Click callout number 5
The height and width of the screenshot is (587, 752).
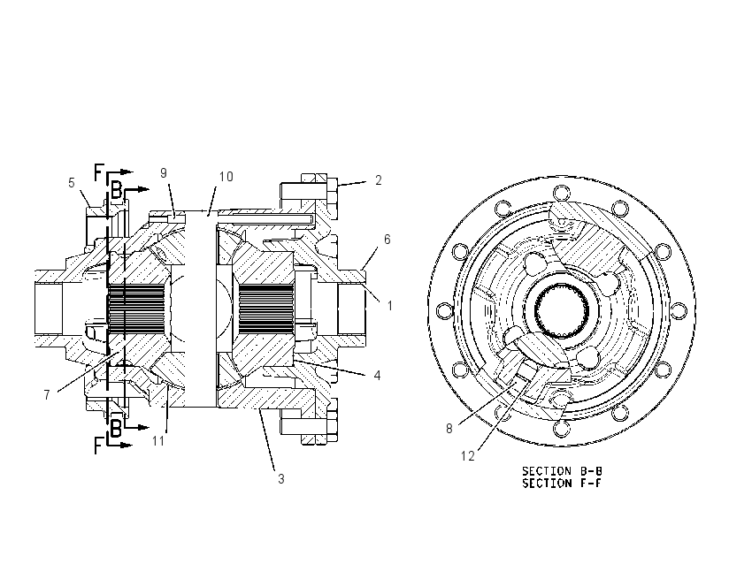[72, 183]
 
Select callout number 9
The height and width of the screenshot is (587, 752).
[164, 173]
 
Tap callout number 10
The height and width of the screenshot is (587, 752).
[226, 177]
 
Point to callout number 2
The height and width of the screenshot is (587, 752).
[379, 180]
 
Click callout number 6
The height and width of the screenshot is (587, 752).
[387, 239]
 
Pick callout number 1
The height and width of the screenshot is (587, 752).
[390, 305]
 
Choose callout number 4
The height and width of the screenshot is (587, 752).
[378, 375]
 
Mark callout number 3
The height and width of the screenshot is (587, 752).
[281, 478]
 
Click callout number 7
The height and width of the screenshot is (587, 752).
[47, 395]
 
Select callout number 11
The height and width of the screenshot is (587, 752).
[158, 440]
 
